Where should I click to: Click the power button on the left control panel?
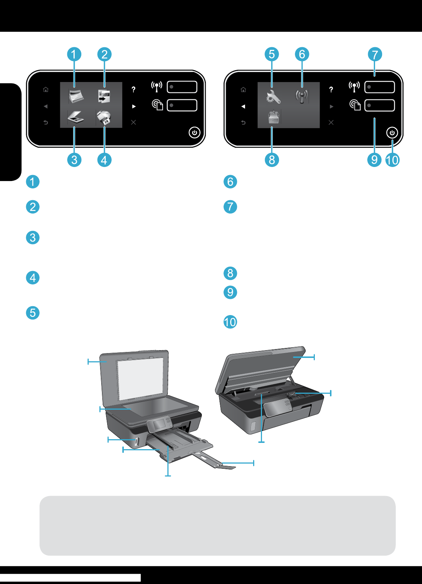pos(194,133)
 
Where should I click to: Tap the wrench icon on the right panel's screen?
pos(273,97)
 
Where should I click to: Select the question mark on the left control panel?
pos(133,89)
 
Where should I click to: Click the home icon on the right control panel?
pos(243,89)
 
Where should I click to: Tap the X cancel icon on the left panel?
pos(133,122)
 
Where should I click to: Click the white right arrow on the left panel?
pos(134,106)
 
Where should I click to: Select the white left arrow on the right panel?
pos(243,106)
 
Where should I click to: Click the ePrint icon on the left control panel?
pos(157,105)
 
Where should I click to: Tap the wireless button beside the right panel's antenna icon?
pos(380,87)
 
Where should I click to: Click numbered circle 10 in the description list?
pos(230,322)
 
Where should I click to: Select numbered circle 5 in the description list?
pos(33,313)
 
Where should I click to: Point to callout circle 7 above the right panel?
pos(375,54)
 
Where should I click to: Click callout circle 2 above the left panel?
pos(104,54)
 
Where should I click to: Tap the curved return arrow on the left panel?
pos(46,122)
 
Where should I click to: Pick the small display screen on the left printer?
pos(159,424)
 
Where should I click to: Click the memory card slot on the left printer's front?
pos(137,441)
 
